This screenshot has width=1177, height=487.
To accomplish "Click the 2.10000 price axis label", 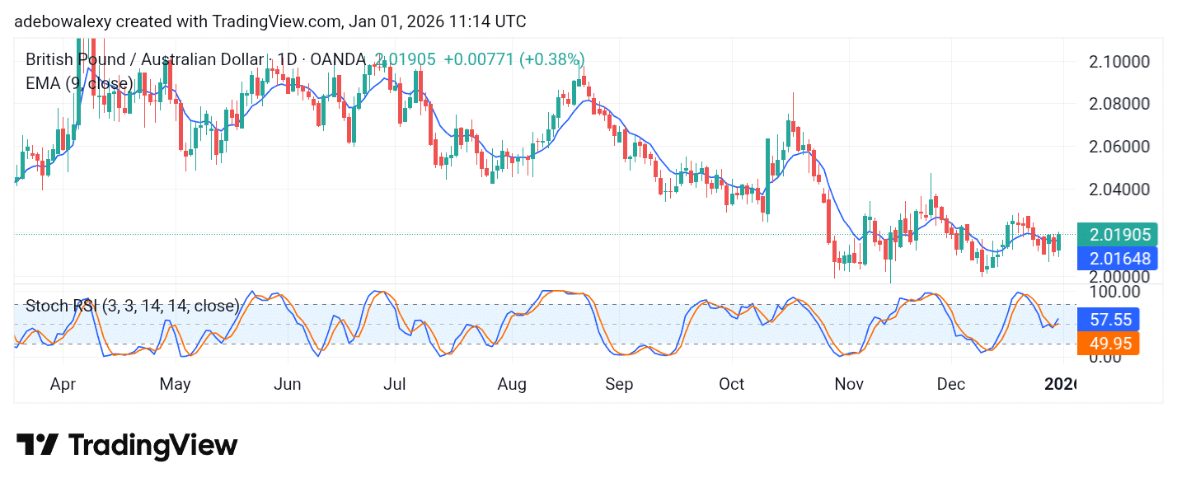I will tap(1119, 62).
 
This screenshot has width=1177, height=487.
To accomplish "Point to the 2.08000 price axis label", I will tap(1119, 104).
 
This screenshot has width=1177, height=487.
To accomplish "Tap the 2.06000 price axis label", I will tap(1119, 147).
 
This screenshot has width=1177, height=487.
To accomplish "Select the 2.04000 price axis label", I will tap(1119, 189).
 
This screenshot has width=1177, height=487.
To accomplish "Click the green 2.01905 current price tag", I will tap(1118, 235).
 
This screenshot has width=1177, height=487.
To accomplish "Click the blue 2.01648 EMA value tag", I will tap(1118, 259).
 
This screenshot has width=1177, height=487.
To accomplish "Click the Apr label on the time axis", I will tap(63, 384).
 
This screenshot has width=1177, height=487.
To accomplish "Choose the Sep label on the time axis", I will tap(618, 384).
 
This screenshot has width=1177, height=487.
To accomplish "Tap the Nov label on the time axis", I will tap(848, 384).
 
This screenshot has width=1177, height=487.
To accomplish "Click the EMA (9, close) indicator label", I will tap(79, 83).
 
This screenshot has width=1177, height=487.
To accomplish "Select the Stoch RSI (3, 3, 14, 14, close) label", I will tap(132, 307).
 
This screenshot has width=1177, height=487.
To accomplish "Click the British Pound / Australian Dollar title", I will tap(144, 59).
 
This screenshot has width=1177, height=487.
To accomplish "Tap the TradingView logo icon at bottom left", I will tap(37, 446).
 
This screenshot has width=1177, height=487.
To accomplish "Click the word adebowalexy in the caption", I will tap(63, 21).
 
